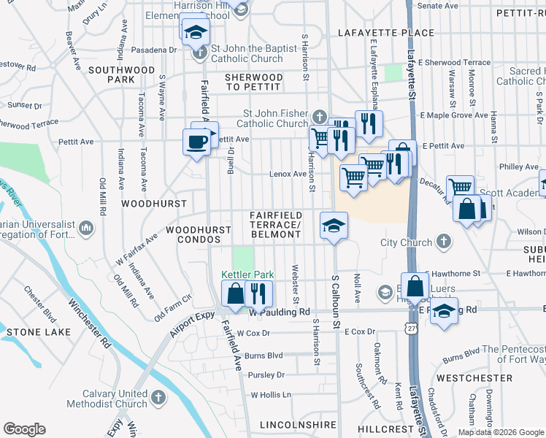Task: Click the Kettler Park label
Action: click(247, 274)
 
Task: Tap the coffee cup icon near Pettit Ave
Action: click(196, 142)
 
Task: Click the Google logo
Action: click(24, 429)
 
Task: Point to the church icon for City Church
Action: click(443, 242)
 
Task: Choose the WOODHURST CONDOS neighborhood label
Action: click(199, 234)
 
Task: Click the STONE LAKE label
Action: click(39, 332)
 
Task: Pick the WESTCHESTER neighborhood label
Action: click(474, 378)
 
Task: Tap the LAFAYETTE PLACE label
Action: click(386, 33)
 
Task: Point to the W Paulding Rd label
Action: click(280, 312)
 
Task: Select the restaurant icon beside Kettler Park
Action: click(258, 294)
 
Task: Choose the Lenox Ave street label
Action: click(289, 174)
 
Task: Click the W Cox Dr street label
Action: click(253, 333)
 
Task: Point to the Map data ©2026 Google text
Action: click(501, 432)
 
